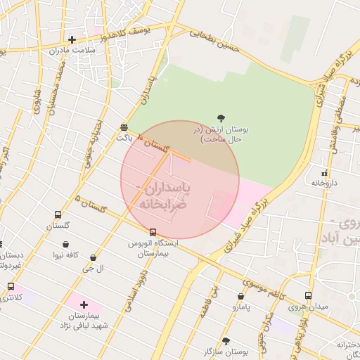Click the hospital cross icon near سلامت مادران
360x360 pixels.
point(72,39)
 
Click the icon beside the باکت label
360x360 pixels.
point(124,127)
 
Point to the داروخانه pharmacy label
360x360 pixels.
point(325,183)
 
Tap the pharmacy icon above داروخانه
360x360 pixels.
point(324,172)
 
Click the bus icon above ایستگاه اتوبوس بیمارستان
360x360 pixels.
point(153,232)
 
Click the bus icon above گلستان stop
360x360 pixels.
point(58,215)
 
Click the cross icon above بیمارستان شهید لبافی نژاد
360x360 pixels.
point(84,304)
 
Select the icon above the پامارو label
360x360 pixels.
point(241,297)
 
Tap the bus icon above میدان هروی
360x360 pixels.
point(308,296)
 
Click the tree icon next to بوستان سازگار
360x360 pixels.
point(245,341)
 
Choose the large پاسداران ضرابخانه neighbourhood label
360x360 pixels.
point(170,196)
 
